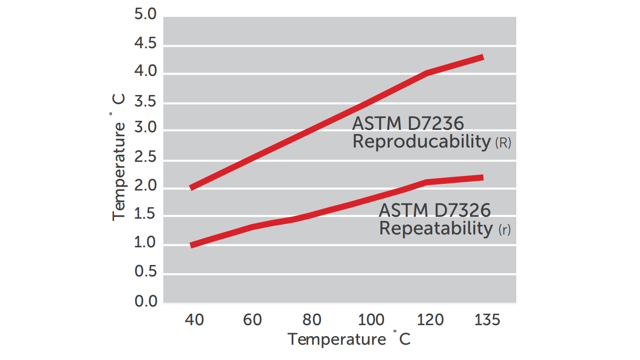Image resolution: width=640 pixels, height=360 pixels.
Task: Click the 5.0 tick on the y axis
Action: tap(146, 16)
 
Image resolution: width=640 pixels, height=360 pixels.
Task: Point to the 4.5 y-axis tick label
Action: tap(146, 44)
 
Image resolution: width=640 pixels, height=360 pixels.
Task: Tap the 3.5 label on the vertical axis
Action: tap(146, 102)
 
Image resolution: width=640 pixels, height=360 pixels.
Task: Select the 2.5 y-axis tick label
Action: tap(146, 158)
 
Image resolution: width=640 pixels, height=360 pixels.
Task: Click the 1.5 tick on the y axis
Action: tap(146, 215)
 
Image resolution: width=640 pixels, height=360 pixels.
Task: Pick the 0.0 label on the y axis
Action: tap(146, 301)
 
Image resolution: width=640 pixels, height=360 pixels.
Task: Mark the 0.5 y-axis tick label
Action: tap(146, 272)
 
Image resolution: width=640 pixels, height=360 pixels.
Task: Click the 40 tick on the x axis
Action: tap(194, 319)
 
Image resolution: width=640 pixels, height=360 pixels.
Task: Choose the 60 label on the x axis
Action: tap(252, 319)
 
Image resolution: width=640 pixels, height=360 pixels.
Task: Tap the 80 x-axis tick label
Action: tap(311, 319)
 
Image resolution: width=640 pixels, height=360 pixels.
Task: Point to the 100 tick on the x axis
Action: tap(371, 319)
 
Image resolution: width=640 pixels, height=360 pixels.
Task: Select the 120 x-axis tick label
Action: tap(429, 319)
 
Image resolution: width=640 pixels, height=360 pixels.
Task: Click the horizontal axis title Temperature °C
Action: tap(349, 339)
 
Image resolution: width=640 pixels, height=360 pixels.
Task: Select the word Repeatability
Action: tap(435, 228)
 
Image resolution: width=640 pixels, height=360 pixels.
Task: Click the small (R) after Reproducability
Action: tap(503, 143)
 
